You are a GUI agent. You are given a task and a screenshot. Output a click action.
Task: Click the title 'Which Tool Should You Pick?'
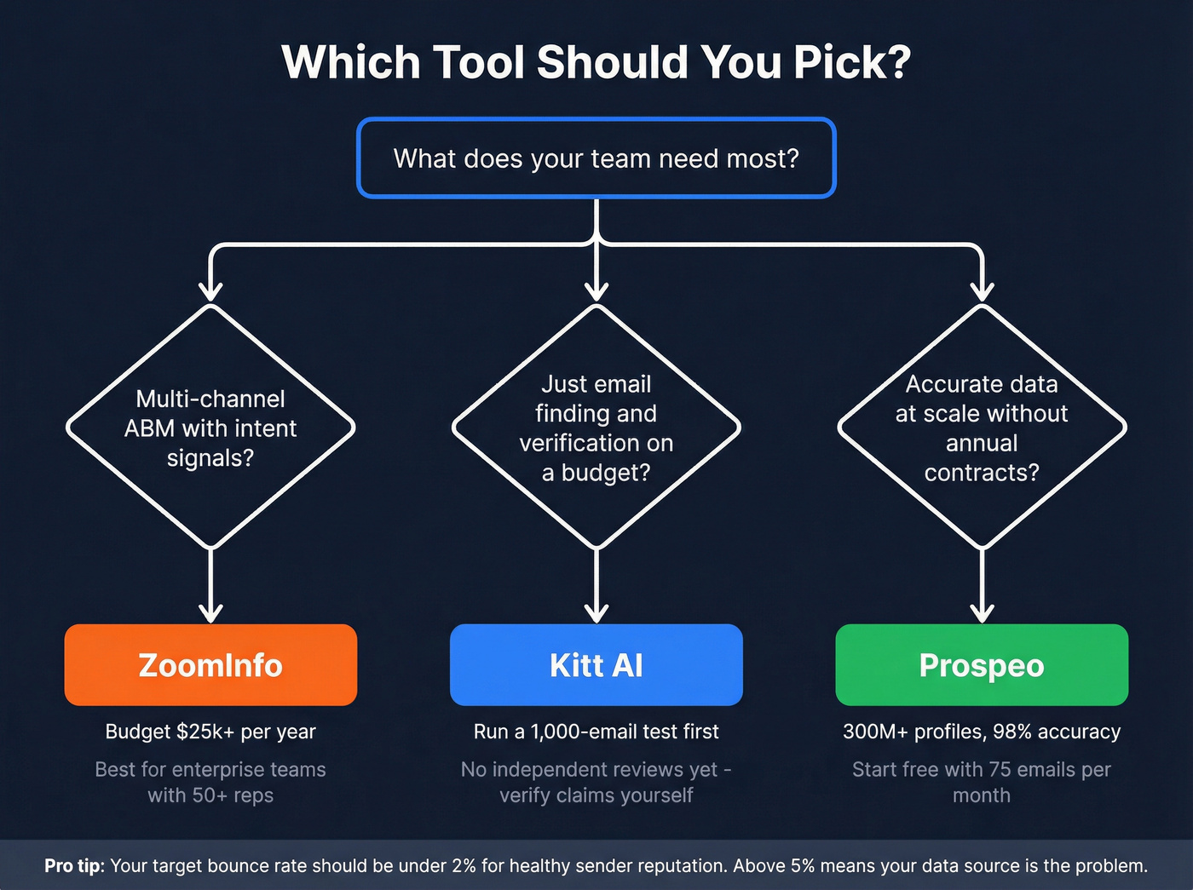(x=596, y=62)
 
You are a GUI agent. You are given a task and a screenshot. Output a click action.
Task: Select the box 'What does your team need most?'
(x=596, y=158)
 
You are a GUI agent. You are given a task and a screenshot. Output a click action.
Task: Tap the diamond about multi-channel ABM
(x=210, y=428)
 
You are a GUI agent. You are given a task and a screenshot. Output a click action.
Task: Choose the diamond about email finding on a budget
(x=596, y=428)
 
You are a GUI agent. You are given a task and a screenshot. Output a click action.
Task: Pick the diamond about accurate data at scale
(x=982, y=428)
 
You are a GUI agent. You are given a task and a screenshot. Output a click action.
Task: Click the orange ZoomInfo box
(x=210, y=665)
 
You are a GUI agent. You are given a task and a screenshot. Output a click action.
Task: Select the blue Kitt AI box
(x=596, y=665)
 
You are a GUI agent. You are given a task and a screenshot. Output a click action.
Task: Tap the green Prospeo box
(x=982, y=665)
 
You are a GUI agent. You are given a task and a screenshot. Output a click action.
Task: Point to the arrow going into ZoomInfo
(x=210, y=588)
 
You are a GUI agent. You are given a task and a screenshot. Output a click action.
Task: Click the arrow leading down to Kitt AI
(x=596, y=588)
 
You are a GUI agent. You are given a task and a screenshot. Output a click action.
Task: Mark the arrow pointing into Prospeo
(x=983, y=588)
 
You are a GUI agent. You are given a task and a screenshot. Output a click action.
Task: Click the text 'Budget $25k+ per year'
(x=210, y=732)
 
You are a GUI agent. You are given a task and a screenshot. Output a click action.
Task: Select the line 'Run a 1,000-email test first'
(x=596, y=732)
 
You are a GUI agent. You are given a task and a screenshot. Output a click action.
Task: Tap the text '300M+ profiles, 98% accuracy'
(x=982, y=732)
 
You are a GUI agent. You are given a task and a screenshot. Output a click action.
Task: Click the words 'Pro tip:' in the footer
(x=74, y=866)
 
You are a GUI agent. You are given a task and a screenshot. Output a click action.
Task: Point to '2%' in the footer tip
(x=464, y=866)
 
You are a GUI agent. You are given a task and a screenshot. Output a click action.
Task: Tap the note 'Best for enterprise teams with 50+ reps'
(x=210, y=782)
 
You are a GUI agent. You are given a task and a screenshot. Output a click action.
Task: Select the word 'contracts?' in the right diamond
(x=982, y=473)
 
